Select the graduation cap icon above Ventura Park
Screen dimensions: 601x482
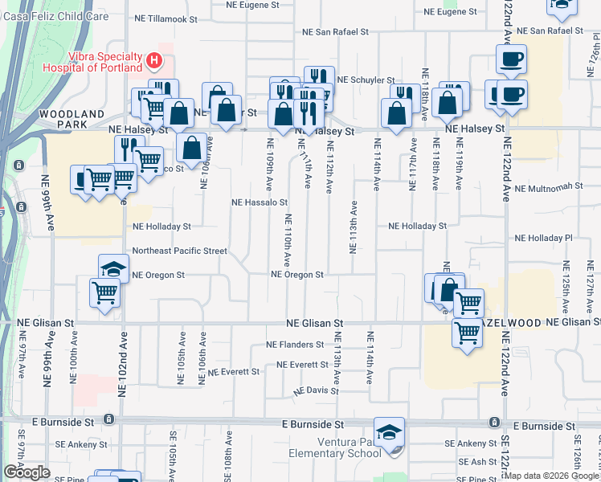coord(390,431)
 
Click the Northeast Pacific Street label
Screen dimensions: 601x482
coord(180,251)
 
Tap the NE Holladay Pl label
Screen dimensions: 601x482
coord(543,239)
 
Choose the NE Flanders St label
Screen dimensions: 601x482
coord(295,345)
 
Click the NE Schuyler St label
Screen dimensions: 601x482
coord(366,80)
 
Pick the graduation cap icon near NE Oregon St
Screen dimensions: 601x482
coord(114,269)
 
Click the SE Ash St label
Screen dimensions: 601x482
coord(477,462)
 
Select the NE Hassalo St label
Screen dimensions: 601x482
coord(260,203)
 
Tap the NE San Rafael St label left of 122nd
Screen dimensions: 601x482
coord(334,33)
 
